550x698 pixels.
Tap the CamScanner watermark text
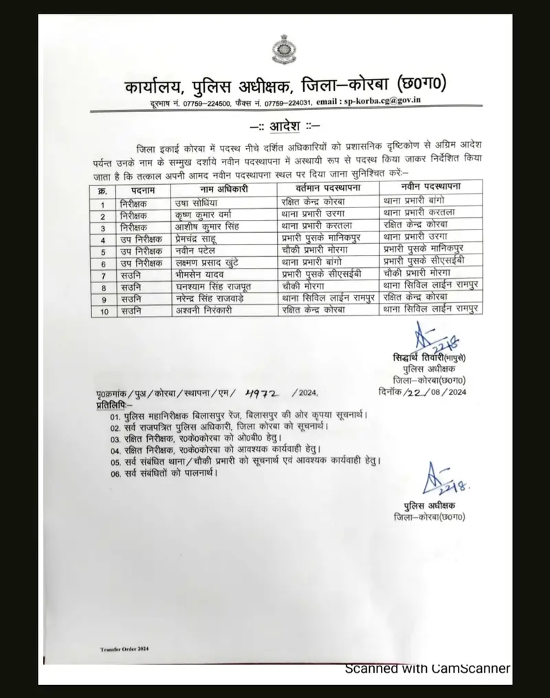point(426,668)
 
